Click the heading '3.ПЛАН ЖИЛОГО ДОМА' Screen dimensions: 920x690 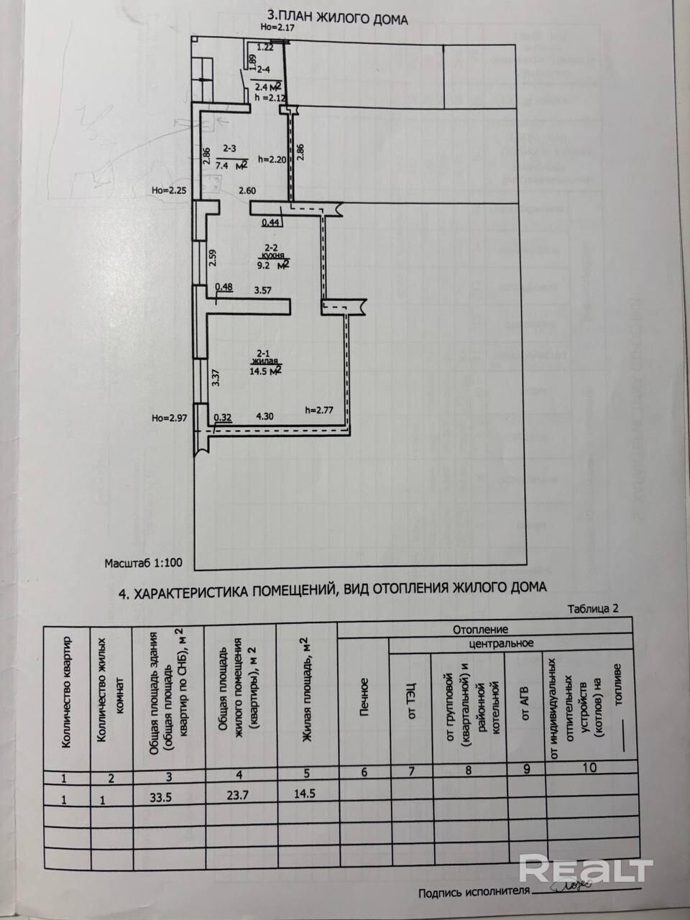[x=336, y=17]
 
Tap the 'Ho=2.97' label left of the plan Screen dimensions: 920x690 [x=169, y=418]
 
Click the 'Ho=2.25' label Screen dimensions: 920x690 [x=170, y=191]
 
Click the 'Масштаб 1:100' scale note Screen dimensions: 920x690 [x=144, y=564]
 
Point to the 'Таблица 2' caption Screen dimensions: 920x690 [x=593, y=608]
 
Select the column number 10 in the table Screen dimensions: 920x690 [x=589, y=767]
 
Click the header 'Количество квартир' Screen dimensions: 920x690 [x=67, y=692]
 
